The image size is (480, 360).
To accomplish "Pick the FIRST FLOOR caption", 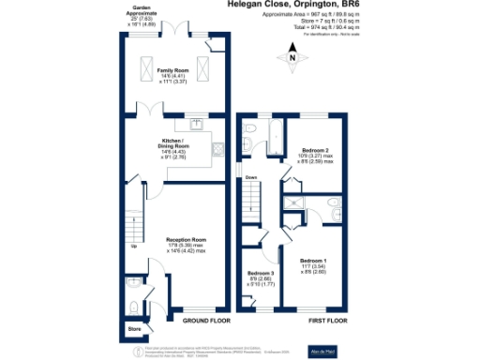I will click(x=300, y=320).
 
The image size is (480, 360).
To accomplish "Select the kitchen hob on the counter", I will click(x=217, y=147).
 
